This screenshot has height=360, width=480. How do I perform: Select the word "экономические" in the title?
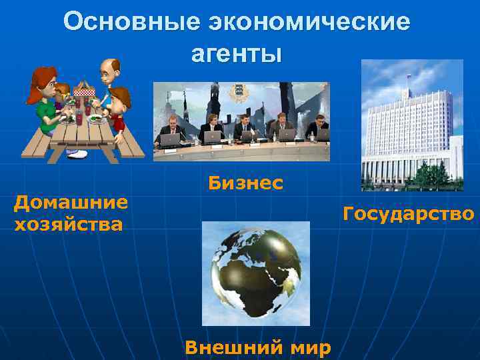pyautogui.click(x=309, y=22)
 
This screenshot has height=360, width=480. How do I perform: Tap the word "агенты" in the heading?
pyautogui.click(x=237, y=53)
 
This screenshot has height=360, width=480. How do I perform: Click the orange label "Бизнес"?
pyautogui.click(x=245, y=183)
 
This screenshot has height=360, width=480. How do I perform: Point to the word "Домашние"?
pyautogui.click(x=71, y=202)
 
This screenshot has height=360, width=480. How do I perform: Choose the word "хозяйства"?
pyautogui.click(x=68, y=225)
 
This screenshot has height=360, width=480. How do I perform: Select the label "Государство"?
pyautogui.click(x=408, y=214)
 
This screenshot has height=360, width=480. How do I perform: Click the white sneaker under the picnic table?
pyautogui.click(x=76, y=154)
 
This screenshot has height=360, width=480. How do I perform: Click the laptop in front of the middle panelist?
pyautogui.click(x=249, y=136)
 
